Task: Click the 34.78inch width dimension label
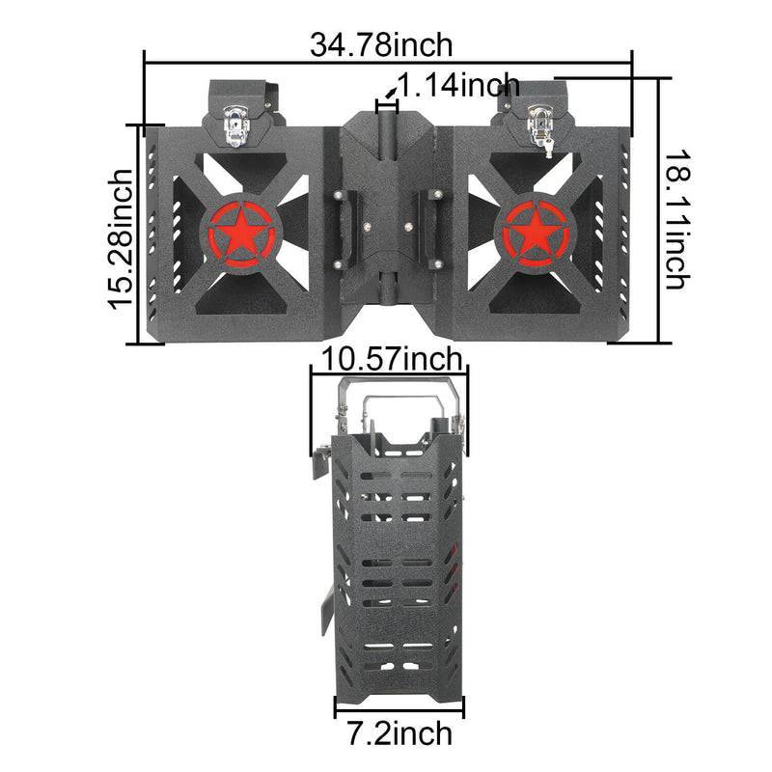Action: coord(381,43)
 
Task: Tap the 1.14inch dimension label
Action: coord(458,86)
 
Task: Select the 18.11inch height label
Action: coord(675,219)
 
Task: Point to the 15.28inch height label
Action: coord(121,238)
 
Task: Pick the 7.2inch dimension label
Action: coord(398,733)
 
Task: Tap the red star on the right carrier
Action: coord(534,232)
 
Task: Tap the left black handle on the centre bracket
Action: coord(341,228)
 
